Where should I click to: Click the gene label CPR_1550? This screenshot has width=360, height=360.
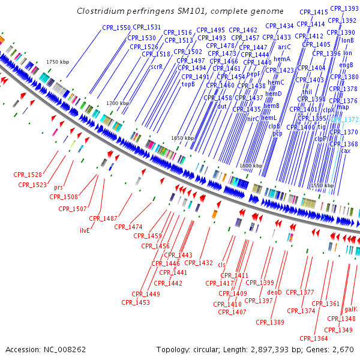click(x=116, y=28)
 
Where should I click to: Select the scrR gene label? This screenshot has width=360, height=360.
click(x=156, y=67)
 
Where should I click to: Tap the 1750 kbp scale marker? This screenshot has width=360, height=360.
click(x=59, y=62)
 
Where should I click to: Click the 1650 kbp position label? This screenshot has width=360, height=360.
click(x=182, y=138)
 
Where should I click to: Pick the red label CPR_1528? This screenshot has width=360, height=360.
click(x=28, y=175)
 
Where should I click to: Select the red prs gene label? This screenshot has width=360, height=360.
click(x=58, y=187)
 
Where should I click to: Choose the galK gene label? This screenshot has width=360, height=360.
click(x=350, y=310)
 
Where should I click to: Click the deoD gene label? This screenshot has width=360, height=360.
click(x=274, y=292)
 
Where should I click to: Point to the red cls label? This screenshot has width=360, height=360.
click(x=221, y=264)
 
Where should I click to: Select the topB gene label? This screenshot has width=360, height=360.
click(x=188, y=85)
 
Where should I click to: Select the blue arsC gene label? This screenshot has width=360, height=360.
click(x=284, y=46)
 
